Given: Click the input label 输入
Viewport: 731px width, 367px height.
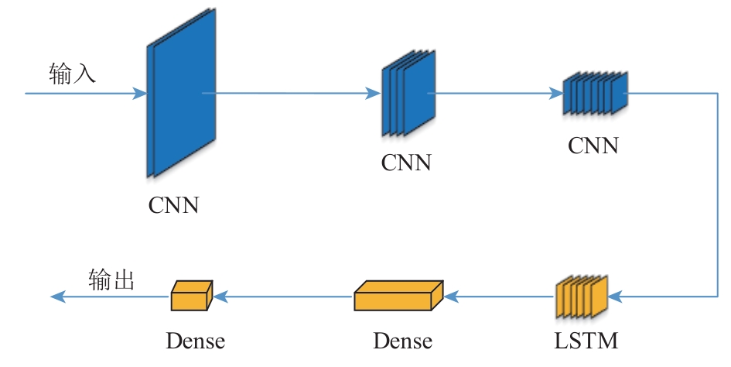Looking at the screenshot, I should pos(72,74).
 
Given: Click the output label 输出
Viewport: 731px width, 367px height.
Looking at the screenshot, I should pos(111,280).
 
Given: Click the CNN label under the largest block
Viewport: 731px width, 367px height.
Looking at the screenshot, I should pos(174,205).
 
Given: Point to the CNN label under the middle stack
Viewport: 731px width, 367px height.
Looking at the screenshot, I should pos(406,163).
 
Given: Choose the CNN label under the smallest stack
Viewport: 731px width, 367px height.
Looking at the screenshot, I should pos(593,145).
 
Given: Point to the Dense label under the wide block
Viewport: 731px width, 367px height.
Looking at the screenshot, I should pos(402,341).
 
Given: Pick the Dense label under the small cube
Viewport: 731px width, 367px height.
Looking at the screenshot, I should pos(195,341).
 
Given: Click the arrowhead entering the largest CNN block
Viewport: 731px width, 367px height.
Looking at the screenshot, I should pos(140,94).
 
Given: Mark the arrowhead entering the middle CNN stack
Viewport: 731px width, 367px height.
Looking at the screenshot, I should pos(375,94).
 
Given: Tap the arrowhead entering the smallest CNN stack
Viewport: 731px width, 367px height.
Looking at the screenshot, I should pos(557,94).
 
